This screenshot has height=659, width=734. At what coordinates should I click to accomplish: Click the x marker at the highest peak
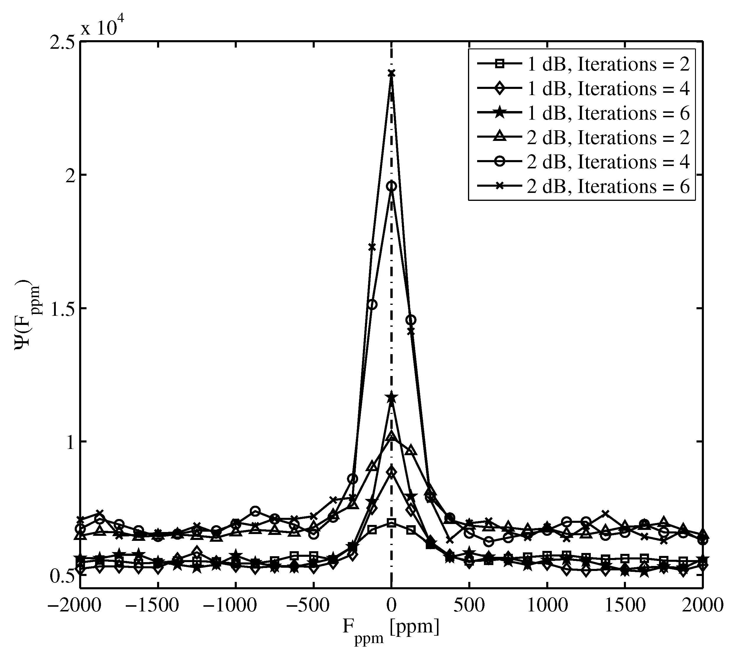coord(391,74)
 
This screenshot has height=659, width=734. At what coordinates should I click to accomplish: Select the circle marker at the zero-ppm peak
coord(391,186)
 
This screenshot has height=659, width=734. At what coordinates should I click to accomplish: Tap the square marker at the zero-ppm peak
coord(391,523)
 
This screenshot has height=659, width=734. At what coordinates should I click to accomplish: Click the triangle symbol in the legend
coord(500,137)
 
